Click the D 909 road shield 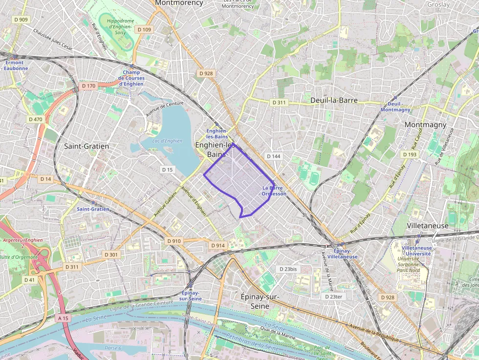coord(21,20)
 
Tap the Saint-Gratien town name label coord(87,146)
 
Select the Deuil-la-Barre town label coord(334,100)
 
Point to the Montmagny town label coord(425,125)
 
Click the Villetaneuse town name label coord(427,226)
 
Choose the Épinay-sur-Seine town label coord(260,301)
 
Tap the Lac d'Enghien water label coord(167,141)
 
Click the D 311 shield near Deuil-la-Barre coord(279,103)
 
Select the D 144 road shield coord(274,156)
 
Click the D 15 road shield coord(168,169)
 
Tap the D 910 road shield coord(174,241)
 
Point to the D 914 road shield coord(218,245)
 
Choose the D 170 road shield coord(89,85)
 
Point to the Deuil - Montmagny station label coord(395,107)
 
